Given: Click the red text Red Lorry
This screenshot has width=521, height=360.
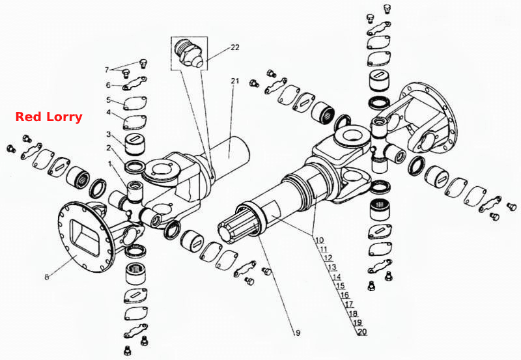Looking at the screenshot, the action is tap(49, 117).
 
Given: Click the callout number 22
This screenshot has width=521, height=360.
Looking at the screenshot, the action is tap(235, 48).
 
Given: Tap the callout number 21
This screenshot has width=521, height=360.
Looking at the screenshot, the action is tap(235, 81).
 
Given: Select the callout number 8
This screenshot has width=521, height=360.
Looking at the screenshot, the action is tap(47, 277).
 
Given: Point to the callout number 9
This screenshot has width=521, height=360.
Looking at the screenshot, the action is tap(298, 333).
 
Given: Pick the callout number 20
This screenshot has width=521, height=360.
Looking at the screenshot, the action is tap(363, 331).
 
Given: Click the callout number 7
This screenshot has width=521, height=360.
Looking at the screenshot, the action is tap(107, 70).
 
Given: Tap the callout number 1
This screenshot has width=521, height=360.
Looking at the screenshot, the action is tap(110, 163).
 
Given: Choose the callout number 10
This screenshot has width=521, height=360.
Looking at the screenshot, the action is tap(319, 240).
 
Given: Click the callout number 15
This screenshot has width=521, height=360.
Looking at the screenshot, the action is tap(340, 286).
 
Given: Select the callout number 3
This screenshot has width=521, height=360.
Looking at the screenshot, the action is tap(109, 134).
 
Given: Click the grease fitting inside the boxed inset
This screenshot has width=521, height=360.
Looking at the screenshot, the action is tap(189, 53).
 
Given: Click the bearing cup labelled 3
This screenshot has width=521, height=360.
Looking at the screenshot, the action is tap(135, 145).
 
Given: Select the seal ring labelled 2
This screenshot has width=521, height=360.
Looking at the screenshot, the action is tap(134, 167).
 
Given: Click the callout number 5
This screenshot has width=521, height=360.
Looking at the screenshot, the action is tap(108, 100).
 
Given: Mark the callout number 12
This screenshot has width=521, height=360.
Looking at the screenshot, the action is tap(328, 258).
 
